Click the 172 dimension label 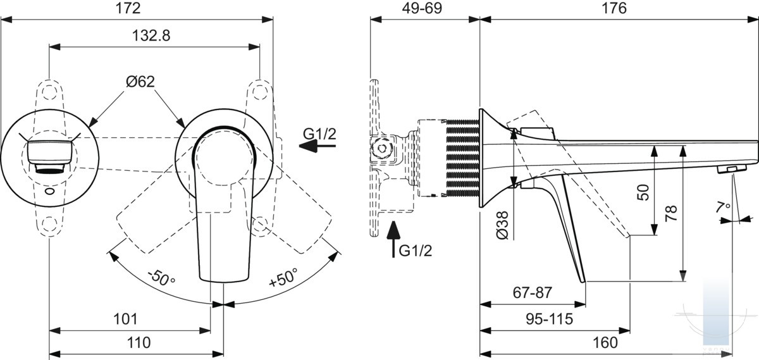128,8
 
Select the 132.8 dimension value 151,35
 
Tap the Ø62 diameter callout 140,82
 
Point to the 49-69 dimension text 422,8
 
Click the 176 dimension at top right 614,8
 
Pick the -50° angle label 161,277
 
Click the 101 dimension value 125,319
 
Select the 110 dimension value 139,343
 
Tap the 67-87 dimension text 533,292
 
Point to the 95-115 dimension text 549,319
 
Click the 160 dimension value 605,343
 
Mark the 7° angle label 724,206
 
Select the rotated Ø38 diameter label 502,225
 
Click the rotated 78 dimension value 671,213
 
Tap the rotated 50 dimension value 643,192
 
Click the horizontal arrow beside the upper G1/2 317,146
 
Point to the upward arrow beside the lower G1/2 393,239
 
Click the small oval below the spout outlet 50,192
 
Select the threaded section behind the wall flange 463,158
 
